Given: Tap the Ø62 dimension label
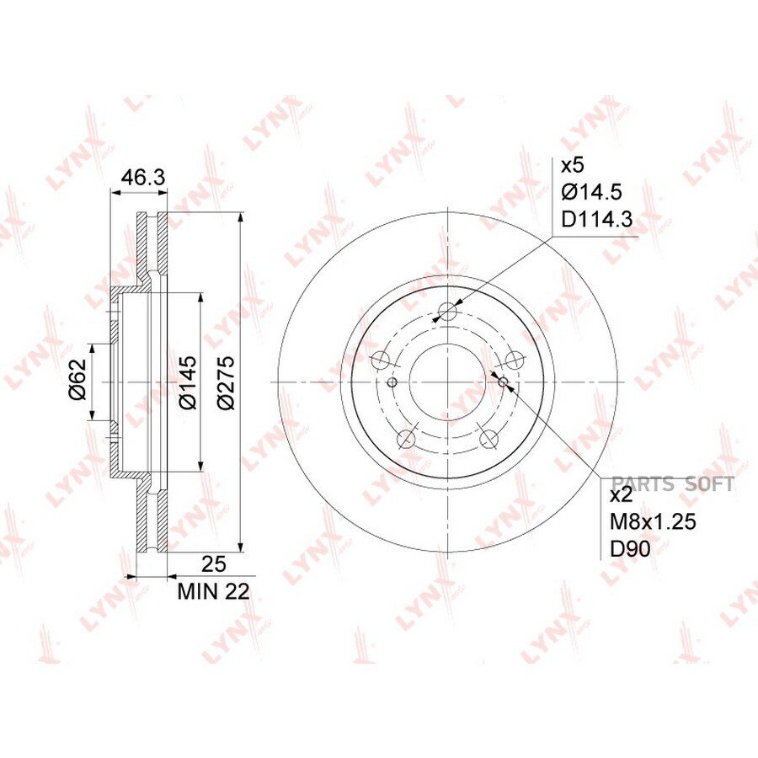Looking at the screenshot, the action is click(77, 379).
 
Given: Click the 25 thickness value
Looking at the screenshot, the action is click(214, 564).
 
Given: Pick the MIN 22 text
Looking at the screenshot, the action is click(213, 592).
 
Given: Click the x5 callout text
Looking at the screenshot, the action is click(573, 165).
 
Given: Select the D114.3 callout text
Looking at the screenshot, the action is click(597, 220).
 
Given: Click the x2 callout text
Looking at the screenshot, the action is click(622, 495).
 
